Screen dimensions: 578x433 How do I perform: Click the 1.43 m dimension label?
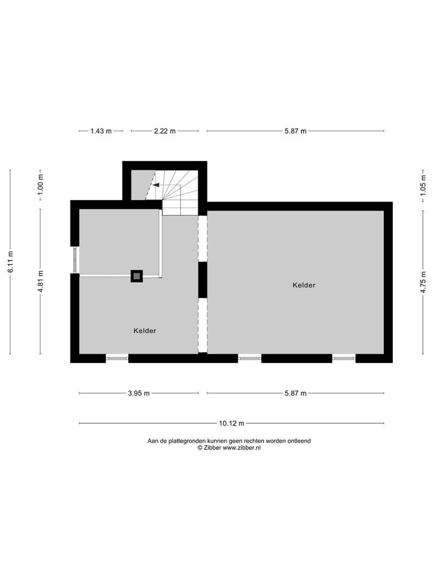(100, 131)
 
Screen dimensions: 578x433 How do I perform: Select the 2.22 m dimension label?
(165, 131)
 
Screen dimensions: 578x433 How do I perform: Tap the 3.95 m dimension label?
(139, 393)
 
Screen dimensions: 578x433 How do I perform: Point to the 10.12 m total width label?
(231, 423)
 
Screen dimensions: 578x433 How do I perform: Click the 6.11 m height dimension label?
(10, 262)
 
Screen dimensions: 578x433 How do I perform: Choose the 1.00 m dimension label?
(40, 185)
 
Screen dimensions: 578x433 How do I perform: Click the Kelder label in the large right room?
(304, 285)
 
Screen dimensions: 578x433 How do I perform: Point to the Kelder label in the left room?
(145, 331)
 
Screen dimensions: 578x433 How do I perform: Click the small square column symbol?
(137, 276)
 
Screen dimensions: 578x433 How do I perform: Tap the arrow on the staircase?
(156, 185)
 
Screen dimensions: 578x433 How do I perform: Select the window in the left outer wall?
(75, 260)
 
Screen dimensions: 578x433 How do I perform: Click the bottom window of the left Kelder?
(117, 358)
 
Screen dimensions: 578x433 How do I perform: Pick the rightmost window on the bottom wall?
(344, 358)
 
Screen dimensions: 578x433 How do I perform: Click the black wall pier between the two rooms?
(203, 279)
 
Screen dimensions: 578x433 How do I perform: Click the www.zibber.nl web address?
(242, 448)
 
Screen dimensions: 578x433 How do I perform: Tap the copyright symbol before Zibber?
(200, 448)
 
